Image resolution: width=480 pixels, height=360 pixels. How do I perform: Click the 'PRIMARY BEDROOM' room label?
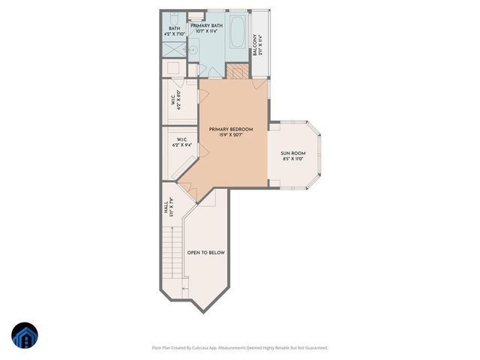[x=231, y=129]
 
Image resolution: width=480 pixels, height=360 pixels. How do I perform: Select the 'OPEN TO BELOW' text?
[x=206, y=253]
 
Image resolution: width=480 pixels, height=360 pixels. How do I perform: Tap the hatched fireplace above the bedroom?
[x=236, y=71]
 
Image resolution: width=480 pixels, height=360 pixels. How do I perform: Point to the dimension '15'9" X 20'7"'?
[x=231, y=136]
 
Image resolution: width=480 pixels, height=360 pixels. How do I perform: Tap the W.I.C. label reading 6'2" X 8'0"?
[x=175, y=100]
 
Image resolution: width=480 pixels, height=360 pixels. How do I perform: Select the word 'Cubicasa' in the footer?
[x=199, y=347]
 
